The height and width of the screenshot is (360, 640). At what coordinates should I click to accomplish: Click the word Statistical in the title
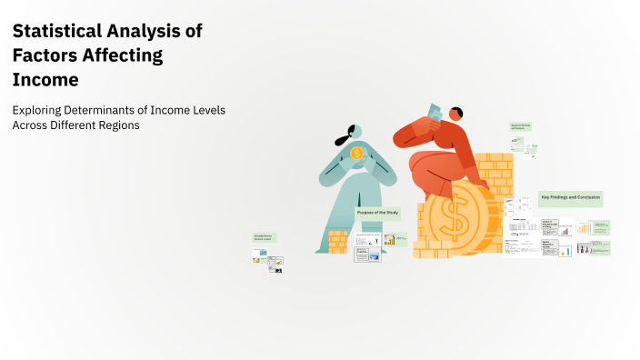click(58, 31)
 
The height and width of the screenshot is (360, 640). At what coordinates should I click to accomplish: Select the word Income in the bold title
click(45, 79)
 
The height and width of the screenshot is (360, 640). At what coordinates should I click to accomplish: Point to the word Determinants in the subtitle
click(103, 110)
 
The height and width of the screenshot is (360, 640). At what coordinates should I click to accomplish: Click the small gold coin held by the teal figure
click(356, 154)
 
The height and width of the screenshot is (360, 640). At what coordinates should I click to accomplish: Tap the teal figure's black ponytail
click(342, 141)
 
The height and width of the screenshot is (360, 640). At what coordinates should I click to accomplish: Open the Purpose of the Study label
click(377, 213)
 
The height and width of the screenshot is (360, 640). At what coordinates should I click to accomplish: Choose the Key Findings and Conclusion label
click(570, 197)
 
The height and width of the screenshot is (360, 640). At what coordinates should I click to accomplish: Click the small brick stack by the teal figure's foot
click(338, 241)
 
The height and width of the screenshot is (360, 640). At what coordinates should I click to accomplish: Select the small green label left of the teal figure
click(264, 237)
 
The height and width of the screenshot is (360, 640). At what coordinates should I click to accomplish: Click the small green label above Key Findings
click(520, 126)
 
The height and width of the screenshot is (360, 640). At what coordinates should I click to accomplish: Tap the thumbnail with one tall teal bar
click(565, 249)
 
